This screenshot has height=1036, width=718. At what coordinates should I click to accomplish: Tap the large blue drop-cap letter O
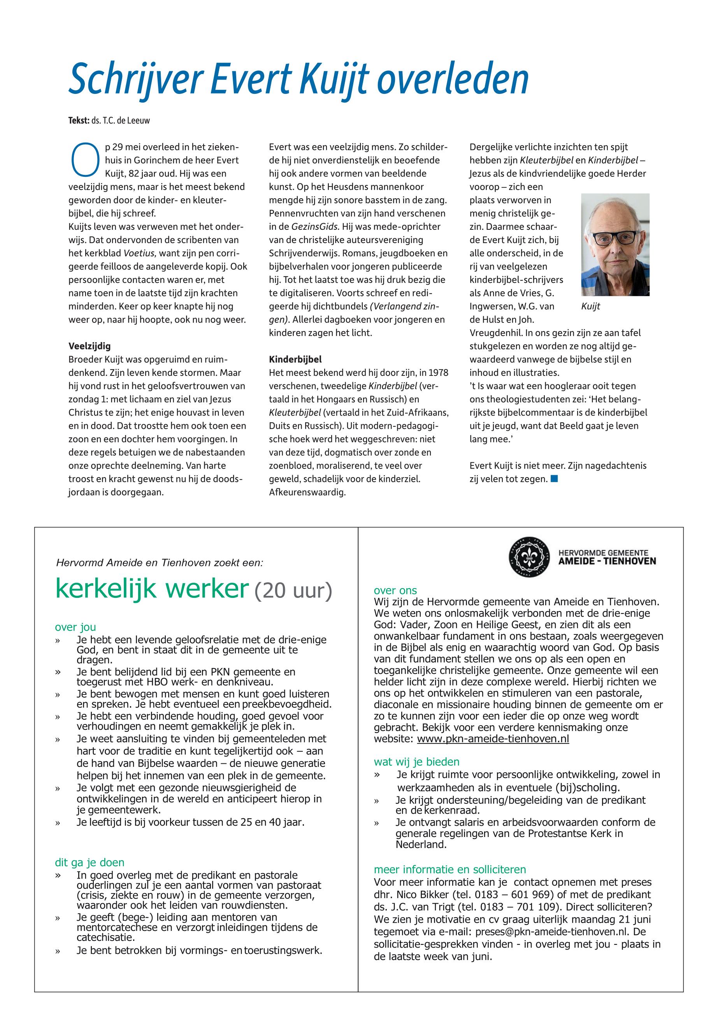coord(85,160)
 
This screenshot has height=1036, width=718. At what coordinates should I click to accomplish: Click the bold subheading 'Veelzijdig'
coord(90,346)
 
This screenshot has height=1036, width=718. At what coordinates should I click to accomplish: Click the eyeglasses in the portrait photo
coord(615,237)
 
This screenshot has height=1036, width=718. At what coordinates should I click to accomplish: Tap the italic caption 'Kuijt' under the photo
coord(591,307)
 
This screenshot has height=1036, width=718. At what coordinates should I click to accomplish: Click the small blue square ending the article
coord(554,479)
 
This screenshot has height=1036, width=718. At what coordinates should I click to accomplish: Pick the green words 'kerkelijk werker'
coord(152,588)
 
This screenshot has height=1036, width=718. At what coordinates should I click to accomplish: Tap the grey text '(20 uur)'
coord(293,590)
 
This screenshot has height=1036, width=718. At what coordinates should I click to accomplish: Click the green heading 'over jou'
coord(75,627)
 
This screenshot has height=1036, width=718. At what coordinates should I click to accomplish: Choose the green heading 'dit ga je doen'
coord(90,863)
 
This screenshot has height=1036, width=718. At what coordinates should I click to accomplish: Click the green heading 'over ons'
coord(395,590)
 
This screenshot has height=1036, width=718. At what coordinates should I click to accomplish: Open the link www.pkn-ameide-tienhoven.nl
coord(493,739)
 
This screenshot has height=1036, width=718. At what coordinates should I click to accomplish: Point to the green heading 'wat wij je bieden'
coord(416,762)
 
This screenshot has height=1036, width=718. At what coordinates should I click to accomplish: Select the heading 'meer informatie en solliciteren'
coord(450,869)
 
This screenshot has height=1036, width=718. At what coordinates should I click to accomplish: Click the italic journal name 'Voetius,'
coord(139,253)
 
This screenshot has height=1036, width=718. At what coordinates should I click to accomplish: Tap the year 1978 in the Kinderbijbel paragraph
coord(438,373)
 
